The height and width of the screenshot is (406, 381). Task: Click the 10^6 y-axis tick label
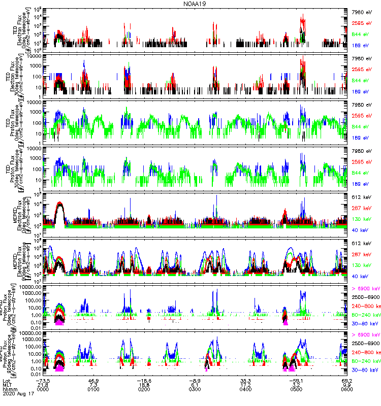click(39, 10)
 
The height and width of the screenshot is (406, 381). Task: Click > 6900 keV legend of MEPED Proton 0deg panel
click(363, 289)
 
